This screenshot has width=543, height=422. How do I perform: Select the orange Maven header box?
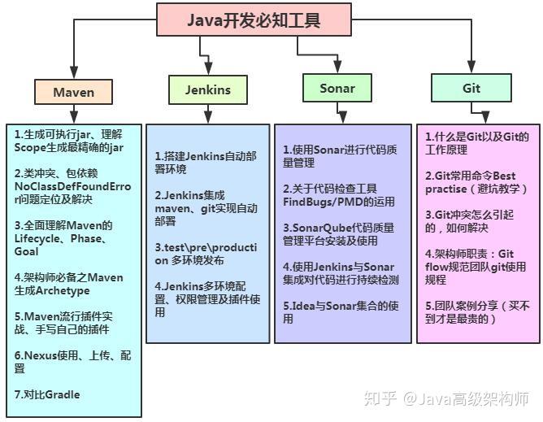(x=74, y=92)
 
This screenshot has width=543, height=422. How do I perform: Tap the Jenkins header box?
(x=208, y=90)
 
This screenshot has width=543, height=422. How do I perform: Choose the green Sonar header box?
(x=337, y=87)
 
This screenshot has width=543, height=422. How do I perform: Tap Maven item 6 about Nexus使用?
(x=72, y=362)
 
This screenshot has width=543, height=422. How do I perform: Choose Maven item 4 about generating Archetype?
(x=69, y=284)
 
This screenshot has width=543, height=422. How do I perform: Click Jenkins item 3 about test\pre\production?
(x=206, y=253)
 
